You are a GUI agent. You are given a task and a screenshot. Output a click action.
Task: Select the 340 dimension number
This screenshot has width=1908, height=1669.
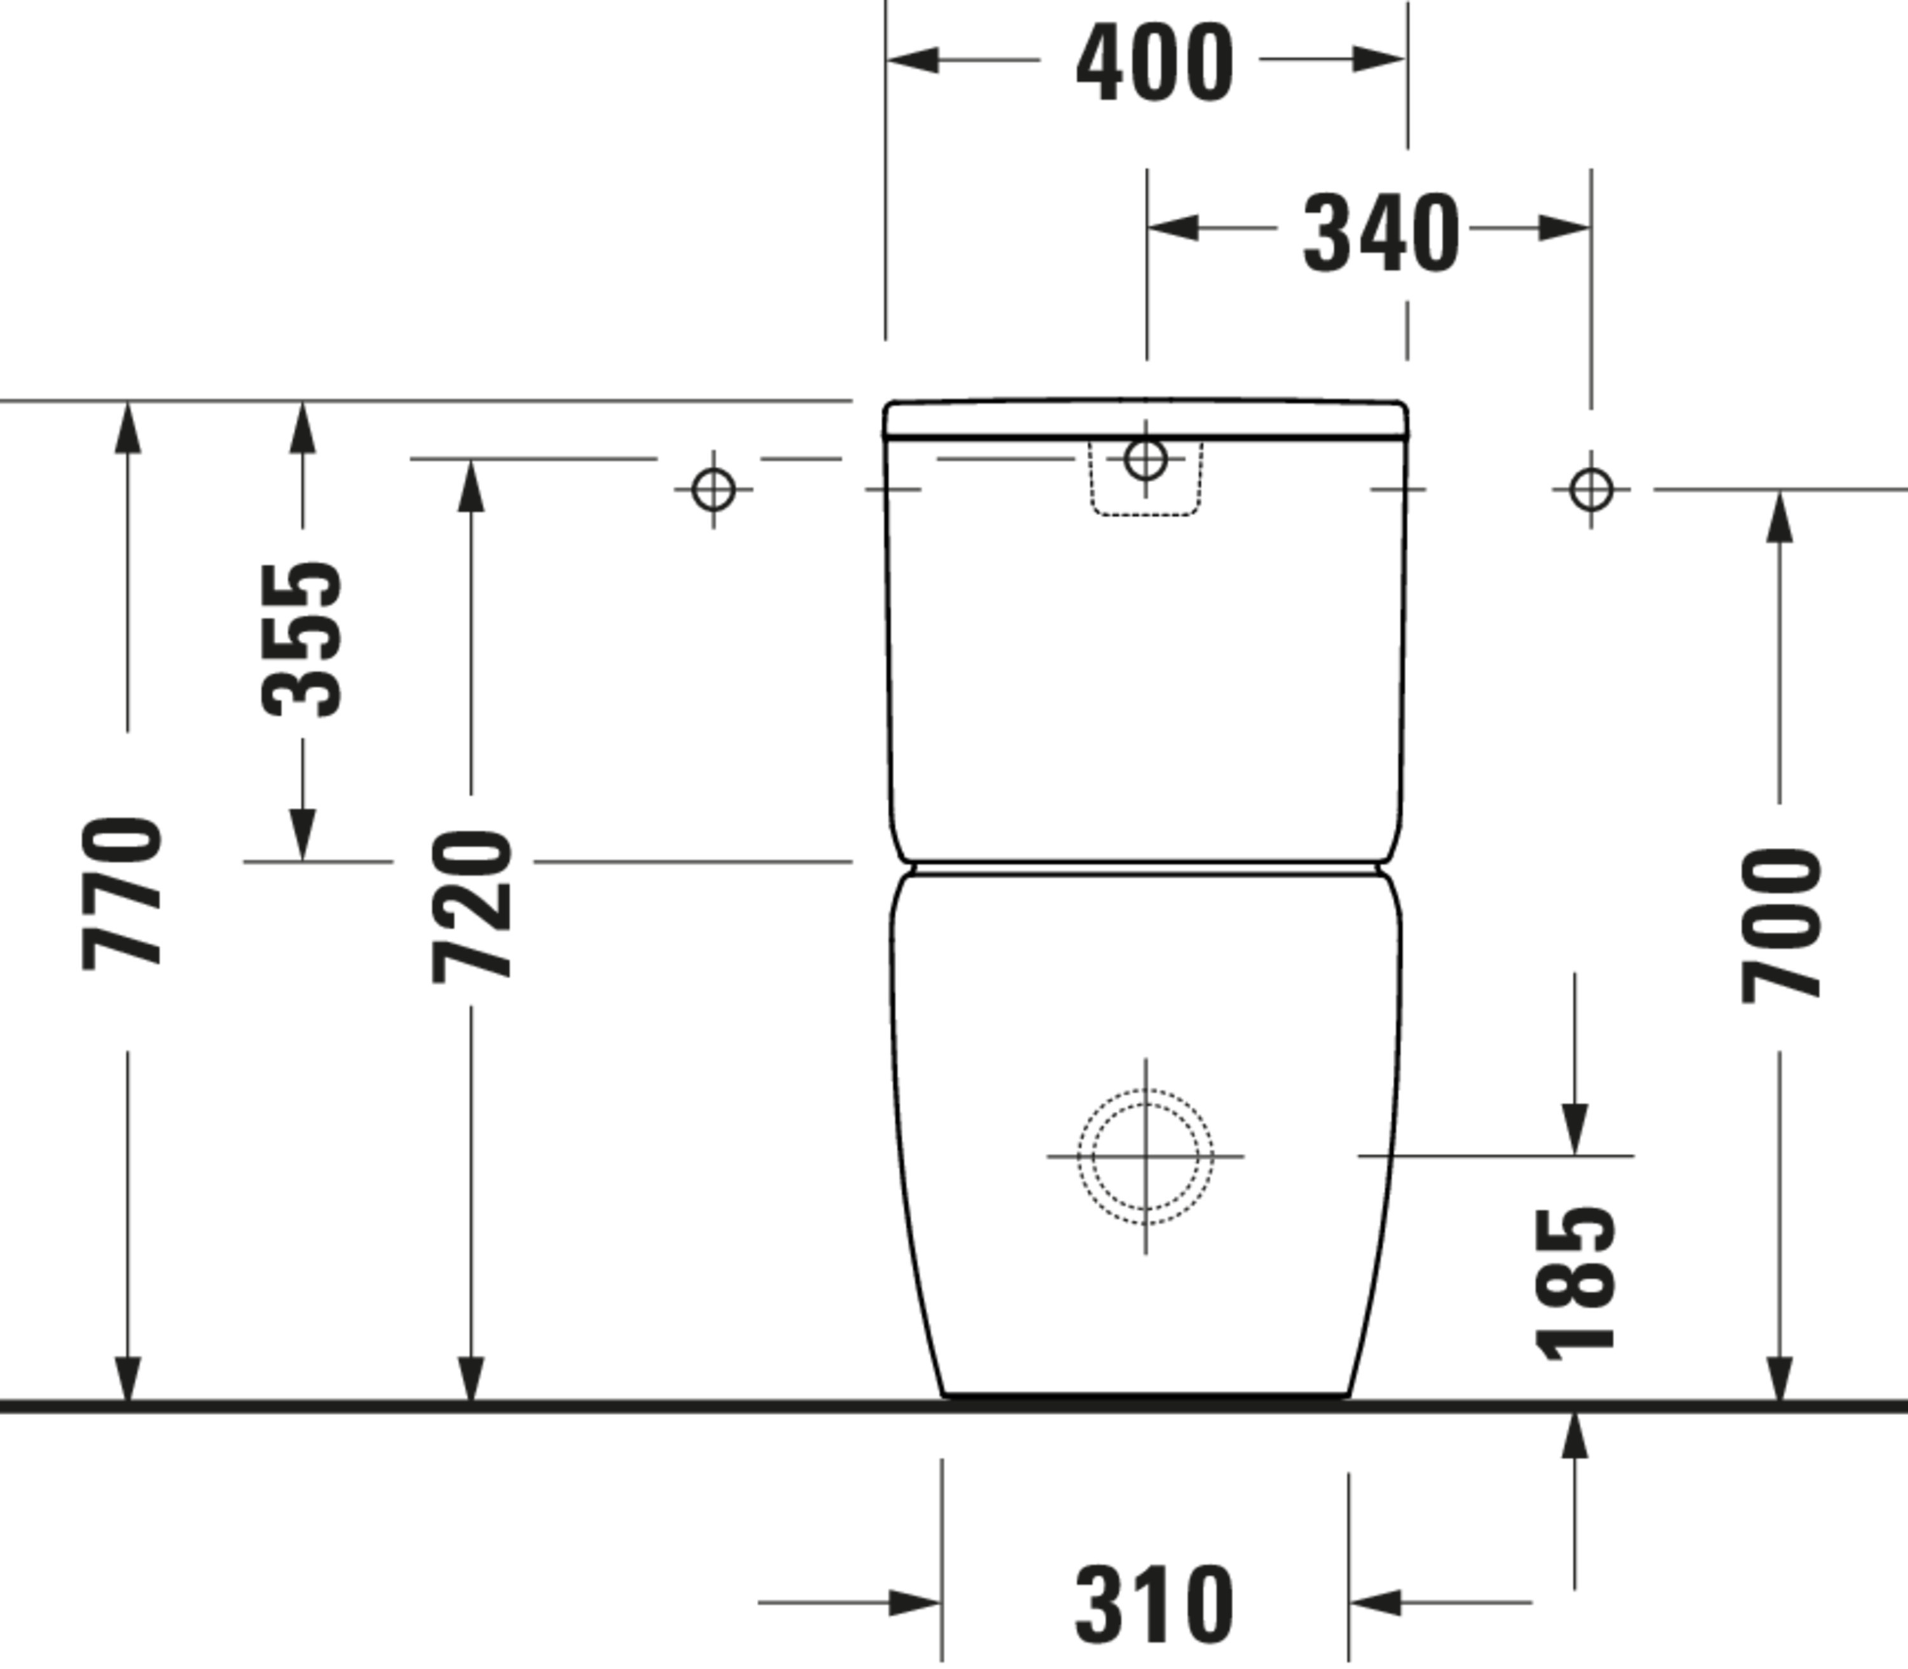point(1380,233)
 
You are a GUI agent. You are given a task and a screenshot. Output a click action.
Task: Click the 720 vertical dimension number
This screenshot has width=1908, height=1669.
point(472,906)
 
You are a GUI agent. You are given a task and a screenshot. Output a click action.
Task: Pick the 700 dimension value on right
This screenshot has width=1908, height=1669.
point(1780,925)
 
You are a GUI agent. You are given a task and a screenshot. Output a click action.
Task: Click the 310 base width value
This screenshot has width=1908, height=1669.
point(1155,1605)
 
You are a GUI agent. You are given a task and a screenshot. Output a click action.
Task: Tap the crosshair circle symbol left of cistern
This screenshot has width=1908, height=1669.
point(714,489)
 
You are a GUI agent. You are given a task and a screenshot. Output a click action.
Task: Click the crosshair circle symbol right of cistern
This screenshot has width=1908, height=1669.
point(1591,489)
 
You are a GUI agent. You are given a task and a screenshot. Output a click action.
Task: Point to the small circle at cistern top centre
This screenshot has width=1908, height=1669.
point(1145,458)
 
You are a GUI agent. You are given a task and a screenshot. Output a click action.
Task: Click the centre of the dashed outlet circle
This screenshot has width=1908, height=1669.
point(1145,1156)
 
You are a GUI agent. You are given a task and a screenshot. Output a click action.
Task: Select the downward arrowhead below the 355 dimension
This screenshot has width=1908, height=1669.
point(301,835)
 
